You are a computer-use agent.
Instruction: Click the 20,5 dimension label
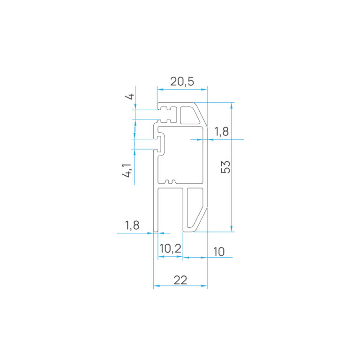[182, 82]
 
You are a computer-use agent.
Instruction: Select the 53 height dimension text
[225, 167]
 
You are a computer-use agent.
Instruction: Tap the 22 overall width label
[180, 280]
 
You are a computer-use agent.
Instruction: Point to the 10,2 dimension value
[170, 248]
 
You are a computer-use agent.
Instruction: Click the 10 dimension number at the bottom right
[219, 252]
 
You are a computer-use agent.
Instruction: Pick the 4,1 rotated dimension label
[127, 171]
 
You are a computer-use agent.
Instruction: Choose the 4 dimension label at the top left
[130, 97]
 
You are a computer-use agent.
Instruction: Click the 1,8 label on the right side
[222, 132]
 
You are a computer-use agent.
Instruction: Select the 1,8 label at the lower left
[132, 225]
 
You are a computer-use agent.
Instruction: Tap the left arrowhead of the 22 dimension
[156, 286]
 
